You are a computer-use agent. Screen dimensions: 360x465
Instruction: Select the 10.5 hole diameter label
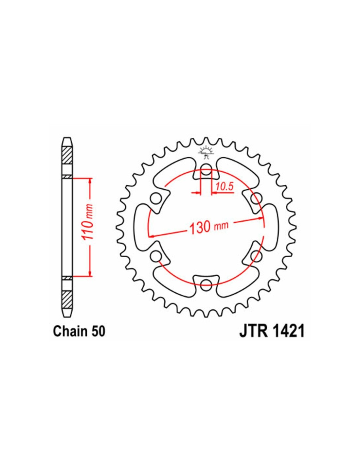224,187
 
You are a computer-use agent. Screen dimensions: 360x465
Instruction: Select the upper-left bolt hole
156,198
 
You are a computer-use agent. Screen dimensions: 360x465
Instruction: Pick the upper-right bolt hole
255,197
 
